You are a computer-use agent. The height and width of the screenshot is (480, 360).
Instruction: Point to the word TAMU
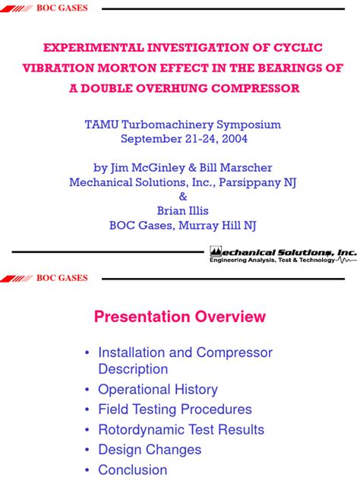100,125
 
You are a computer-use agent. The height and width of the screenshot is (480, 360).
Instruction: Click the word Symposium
244,125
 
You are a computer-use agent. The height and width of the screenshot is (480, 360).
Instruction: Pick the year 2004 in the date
233,139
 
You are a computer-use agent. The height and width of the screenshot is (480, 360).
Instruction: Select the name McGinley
162,168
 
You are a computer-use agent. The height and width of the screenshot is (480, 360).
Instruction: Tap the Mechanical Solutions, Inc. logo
282,254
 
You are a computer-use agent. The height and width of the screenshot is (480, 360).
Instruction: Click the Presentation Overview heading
180,317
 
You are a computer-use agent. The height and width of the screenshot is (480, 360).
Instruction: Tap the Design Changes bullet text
150,450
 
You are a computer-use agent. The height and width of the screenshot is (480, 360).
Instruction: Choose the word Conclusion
132,470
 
